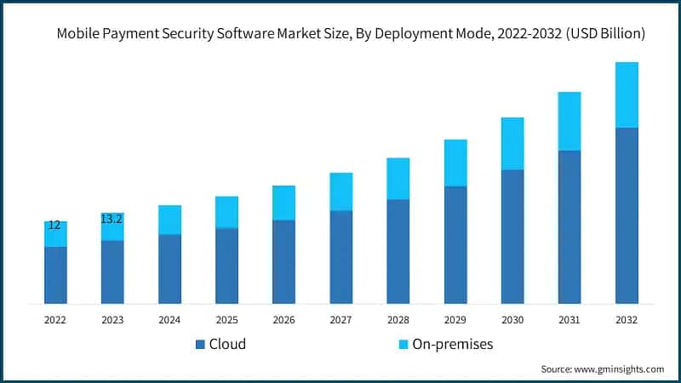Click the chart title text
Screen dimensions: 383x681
tap(350, 35)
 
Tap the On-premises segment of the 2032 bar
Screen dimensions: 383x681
tap(627, 94)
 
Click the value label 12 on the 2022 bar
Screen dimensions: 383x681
tap(54, 226)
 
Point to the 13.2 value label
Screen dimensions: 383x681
tap(112, 219)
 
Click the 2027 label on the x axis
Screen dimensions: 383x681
tap(340, 320)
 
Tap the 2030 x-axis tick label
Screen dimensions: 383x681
tap(512, 320)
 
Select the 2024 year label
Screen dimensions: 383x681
tap(169, 320)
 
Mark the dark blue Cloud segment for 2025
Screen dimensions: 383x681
tap(226, 266)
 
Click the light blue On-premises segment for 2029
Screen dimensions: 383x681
tap(455, 163)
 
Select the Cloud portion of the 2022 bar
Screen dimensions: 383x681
tap(55, 275)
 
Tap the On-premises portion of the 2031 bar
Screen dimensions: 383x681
tap(569, 121)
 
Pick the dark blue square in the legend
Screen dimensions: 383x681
tap(200, 345)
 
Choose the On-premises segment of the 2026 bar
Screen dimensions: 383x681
tap(283, 203)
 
